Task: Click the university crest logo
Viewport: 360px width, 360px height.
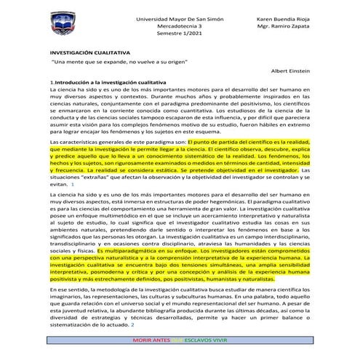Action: (x=66, y=31)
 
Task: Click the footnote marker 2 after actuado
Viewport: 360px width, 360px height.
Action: (x=153, y=324)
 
